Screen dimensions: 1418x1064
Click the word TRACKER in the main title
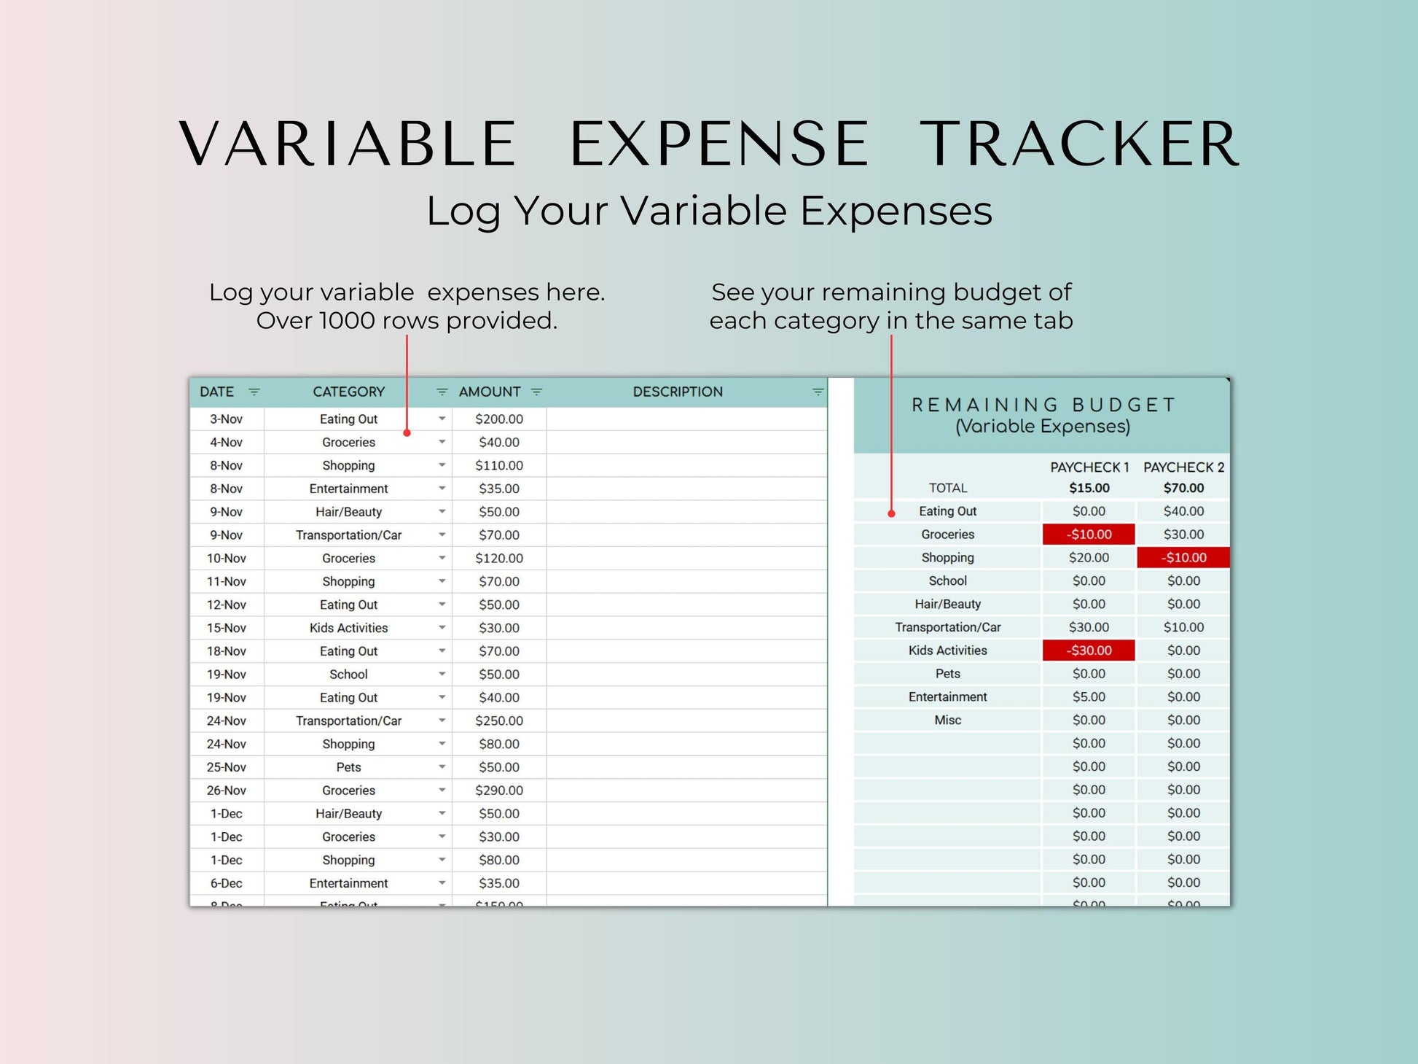coord(1079,144)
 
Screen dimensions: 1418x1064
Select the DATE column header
coord(217,392)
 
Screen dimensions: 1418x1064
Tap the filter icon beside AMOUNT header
coord(537,392)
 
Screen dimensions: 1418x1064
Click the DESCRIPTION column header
coord(678,392)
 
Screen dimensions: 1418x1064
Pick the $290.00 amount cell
coord(499,791)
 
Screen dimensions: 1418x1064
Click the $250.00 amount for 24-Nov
coord(499,721)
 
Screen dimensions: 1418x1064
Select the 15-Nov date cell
coord(227,628)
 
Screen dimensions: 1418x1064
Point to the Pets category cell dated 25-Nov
coord(349,767)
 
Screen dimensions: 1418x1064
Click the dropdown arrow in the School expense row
coord(442,674)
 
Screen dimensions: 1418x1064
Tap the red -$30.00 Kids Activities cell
coord(1089,651)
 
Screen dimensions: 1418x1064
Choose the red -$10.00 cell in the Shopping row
coord(1183,558)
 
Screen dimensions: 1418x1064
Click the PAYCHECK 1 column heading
coord(1089,467)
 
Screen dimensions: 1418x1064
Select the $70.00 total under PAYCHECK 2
coord(1183,488)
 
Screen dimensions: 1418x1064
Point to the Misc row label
coord(948,721)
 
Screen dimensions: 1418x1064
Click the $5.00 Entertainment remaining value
coord(1089,697)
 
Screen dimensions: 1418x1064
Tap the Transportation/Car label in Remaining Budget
coord(948,627)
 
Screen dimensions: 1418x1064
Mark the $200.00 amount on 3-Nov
coord(499,419)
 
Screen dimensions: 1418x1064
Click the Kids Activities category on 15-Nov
coord(349,628)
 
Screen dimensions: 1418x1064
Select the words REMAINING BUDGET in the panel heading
coord(1043,405)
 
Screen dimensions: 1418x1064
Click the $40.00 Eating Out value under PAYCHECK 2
coord(1183,511)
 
